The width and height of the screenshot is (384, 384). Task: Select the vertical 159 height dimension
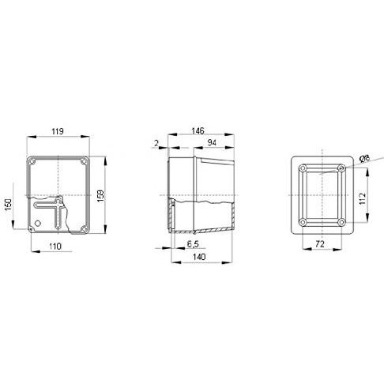99,195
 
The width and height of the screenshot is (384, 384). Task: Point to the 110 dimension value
55,247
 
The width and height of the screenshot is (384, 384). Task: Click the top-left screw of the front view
32,162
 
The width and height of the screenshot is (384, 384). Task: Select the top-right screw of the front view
85,162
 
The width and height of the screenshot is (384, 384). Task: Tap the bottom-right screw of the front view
85,227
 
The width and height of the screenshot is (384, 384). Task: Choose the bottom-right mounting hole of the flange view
340,222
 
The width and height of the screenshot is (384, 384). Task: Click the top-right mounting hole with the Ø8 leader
340,168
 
